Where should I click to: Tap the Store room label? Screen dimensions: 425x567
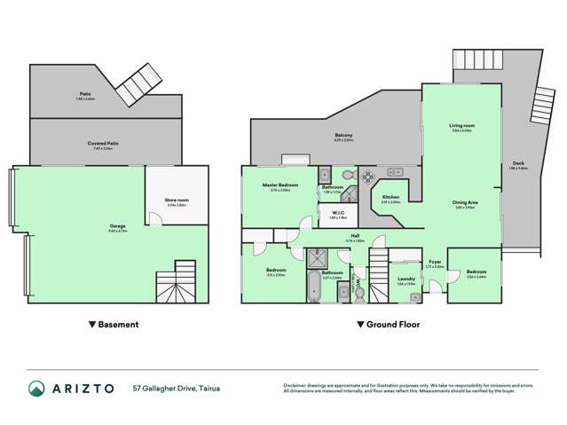point(177,201)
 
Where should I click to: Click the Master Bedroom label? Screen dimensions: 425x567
point(280,185)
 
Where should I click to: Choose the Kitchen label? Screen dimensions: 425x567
point(390,197)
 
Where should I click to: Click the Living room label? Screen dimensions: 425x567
point(461,127)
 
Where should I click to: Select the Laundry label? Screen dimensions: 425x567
point(406,279)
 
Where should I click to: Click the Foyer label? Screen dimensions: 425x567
point(435,263)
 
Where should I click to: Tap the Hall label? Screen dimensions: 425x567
point(354,236)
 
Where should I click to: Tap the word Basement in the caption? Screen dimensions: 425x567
point(117,325)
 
